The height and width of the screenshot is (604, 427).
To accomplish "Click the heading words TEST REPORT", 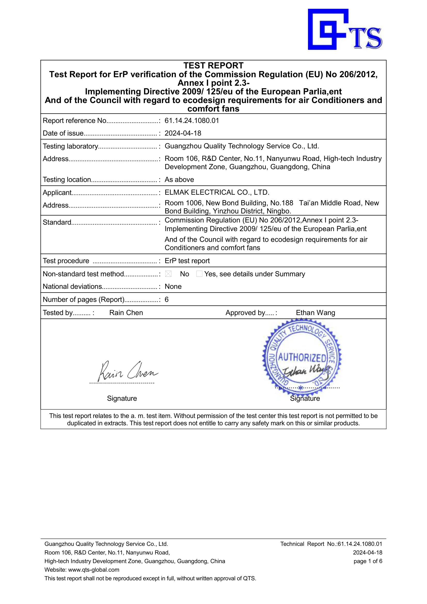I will [x=213, y=66].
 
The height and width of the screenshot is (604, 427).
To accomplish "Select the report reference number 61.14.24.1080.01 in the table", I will [x=192, y=121].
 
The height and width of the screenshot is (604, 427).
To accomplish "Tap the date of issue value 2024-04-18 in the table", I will [x=183, y=133].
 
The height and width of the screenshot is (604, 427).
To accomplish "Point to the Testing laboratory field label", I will [x=70, y=146].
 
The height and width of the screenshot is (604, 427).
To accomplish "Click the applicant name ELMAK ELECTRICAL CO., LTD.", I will [x=217, y=192].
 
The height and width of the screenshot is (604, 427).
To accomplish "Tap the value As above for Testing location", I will [x=179, y=180].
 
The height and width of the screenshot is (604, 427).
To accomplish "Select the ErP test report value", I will [x=187, y=261].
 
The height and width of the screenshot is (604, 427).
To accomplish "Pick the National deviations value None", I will [x=173, y=286].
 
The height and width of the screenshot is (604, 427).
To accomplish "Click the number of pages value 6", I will [x=167, y=300].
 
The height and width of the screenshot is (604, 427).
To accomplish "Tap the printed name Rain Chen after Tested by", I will [x=126, y=313].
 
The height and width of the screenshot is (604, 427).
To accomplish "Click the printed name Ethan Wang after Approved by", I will [x=315, y=313].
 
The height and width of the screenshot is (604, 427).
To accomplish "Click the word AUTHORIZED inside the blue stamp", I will [x=302, y=357].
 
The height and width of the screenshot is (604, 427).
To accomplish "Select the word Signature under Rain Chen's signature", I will [x=122, y=398].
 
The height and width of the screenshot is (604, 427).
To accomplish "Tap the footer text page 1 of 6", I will [x=368, y=561].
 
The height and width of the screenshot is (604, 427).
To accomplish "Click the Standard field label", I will [x=57, y=223].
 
